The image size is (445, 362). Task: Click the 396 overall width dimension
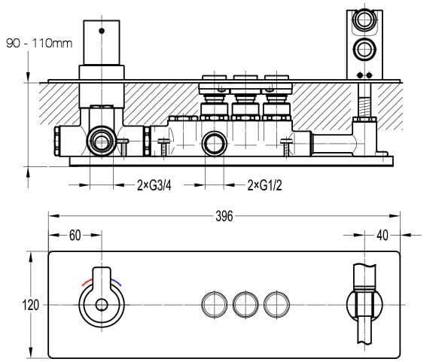click(x=224, y=217)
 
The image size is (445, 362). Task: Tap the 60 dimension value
click(x=75, y=236)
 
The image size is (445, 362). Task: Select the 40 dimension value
click(x=383, y=236)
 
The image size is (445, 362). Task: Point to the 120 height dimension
click(x=30, y=306)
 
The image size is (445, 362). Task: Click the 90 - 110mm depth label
click(x=39, y=44)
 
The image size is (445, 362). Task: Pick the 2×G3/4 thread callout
click(x=154, y=186)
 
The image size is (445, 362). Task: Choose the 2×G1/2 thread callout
click(x=265, y=186)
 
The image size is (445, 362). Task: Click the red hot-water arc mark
click(x=87, y=281)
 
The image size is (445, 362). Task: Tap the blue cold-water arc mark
click(x=116, y=282)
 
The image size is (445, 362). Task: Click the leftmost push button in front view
click(x=215, y=305)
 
